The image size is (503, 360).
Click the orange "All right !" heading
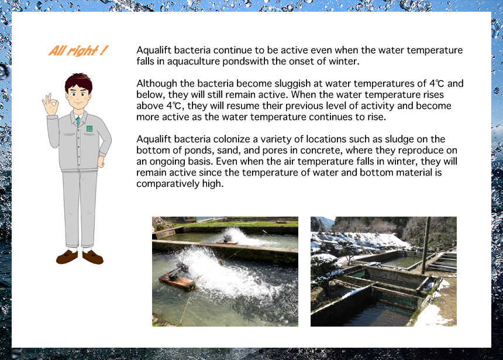78,51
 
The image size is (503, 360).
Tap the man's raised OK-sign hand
50,104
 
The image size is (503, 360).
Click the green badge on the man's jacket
89,128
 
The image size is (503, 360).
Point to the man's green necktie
78,121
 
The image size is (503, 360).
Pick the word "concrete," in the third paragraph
321,150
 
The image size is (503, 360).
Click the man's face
78,95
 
